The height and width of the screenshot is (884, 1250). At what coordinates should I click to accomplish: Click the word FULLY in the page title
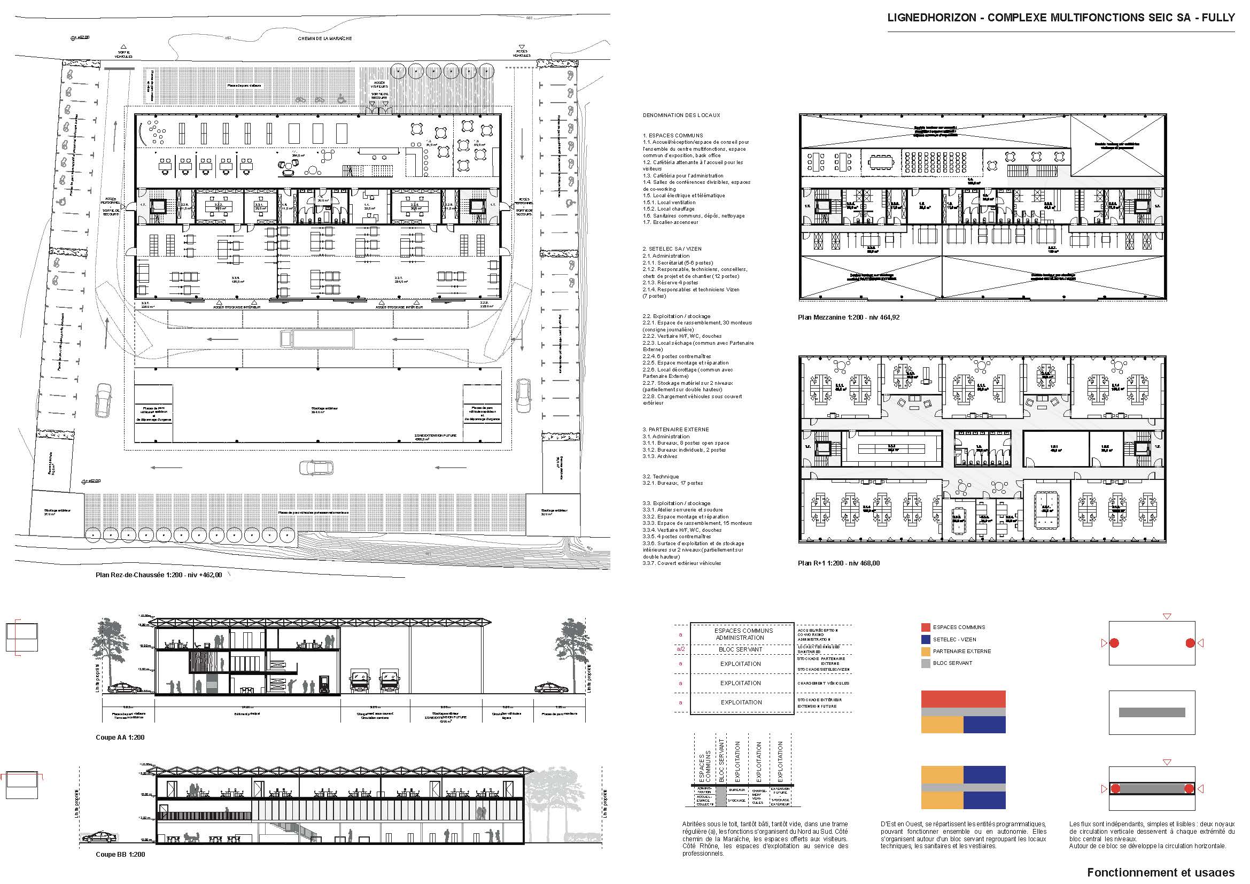point(1221,18)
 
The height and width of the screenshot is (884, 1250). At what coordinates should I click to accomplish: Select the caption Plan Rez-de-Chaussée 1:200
point(158,575)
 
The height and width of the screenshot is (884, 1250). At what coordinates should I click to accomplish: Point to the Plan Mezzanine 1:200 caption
point(848,317)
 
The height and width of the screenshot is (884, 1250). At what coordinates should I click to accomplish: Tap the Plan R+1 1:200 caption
point(838,563)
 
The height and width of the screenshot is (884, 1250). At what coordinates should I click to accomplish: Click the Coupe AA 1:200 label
point(120,738)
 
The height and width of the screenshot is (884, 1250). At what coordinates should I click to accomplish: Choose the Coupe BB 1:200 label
point(120,855)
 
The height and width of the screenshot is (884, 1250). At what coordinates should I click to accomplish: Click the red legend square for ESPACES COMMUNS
point(926,627)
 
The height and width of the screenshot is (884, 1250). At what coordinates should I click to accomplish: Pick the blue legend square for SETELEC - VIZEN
point(926,640)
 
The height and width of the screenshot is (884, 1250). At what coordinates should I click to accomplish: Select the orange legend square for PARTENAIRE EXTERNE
point(926,652)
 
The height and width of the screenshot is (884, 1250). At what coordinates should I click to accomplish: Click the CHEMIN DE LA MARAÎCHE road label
point(324,38)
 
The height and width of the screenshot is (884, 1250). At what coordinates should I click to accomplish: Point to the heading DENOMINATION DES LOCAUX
point(681,115)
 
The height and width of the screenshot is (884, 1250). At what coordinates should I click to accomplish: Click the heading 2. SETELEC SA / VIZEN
point(672,249)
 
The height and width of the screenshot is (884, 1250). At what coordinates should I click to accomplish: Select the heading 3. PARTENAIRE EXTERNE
point(677,430)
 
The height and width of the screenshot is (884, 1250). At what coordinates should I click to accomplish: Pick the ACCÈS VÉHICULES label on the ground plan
point(522,54)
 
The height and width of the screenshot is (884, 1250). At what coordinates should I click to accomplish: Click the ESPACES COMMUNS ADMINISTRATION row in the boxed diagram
point(740,634)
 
